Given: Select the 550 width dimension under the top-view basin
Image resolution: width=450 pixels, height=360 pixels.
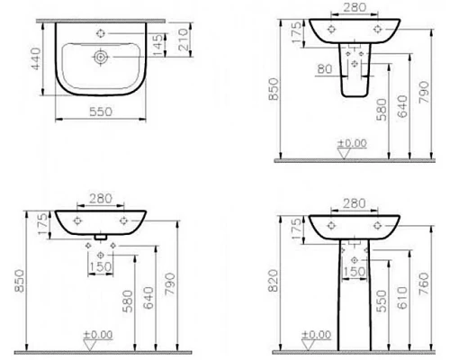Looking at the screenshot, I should click(99, 128).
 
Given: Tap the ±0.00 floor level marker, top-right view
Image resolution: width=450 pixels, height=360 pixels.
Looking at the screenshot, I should click(351, 142).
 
